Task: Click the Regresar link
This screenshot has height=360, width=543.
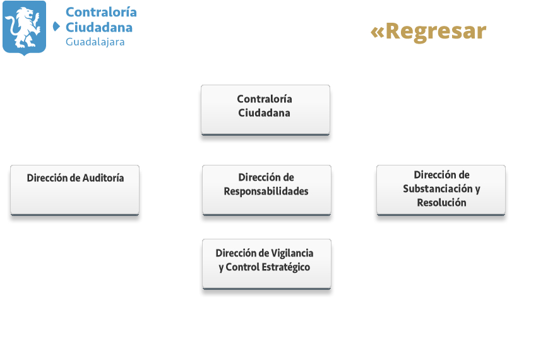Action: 428,32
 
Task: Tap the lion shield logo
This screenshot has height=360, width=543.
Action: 24,28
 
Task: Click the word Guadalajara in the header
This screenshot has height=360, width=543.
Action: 95,42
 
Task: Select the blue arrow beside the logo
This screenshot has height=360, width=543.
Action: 56,27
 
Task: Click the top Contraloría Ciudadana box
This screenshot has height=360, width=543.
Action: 265,110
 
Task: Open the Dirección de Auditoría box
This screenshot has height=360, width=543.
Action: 75,191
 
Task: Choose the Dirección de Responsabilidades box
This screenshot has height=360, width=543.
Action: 266,191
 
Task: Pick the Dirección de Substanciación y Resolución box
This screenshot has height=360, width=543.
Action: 441,191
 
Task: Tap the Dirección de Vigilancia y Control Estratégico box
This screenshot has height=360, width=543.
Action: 266,265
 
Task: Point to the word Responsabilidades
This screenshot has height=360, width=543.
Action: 266,191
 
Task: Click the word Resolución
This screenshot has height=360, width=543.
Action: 441,202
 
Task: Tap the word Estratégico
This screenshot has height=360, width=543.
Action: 285,268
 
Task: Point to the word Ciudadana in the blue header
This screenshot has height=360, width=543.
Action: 99,27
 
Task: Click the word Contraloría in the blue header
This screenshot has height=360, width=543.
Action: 101,12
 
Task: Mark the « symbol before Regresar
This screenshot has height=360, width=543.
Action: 378,32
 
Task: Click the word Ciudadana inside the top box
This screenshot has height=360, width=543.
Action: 264,113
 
